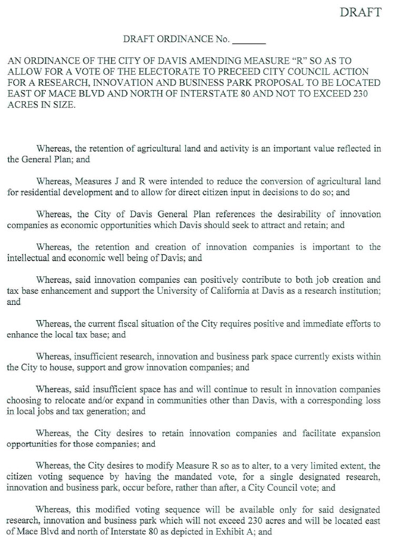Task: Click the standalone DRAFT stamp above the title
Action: [x=361, y=13]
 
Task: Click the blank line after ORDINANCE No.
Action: [x=248, y=40]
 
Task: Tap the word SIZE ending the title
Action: [x=64, y=104]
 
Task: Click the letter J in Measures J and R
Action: [x=117, y=182]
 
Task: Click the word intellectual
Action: [x=28, y=258]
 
